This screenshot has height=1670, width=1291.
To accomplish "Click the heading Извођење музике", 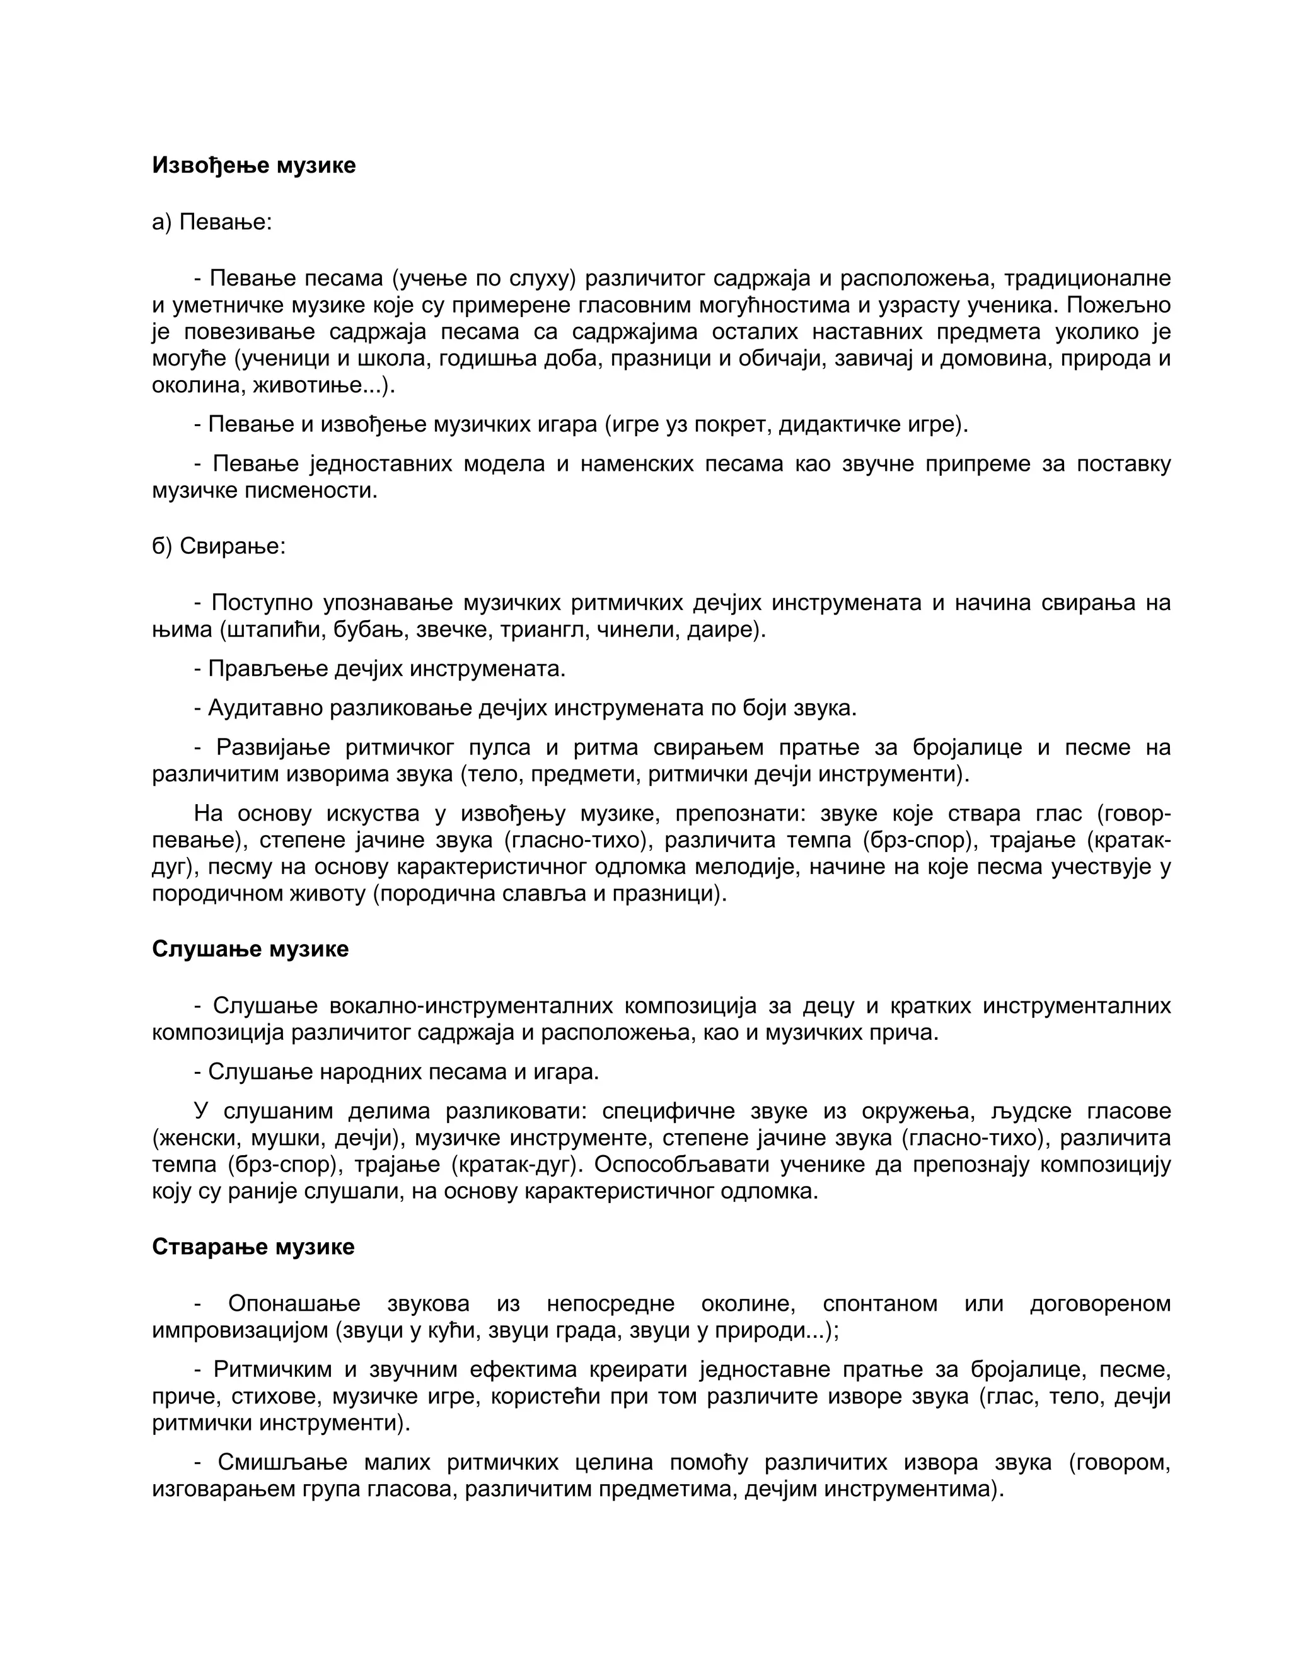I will coord(254,165).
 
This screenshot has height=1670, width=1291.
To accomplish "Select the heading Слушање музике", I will coord(250,949).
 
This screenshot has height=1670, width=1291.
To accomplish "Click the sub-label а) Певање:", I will coord(212,222).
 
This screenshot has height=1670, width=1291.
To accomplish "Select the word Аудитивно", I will coord(265,708).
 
